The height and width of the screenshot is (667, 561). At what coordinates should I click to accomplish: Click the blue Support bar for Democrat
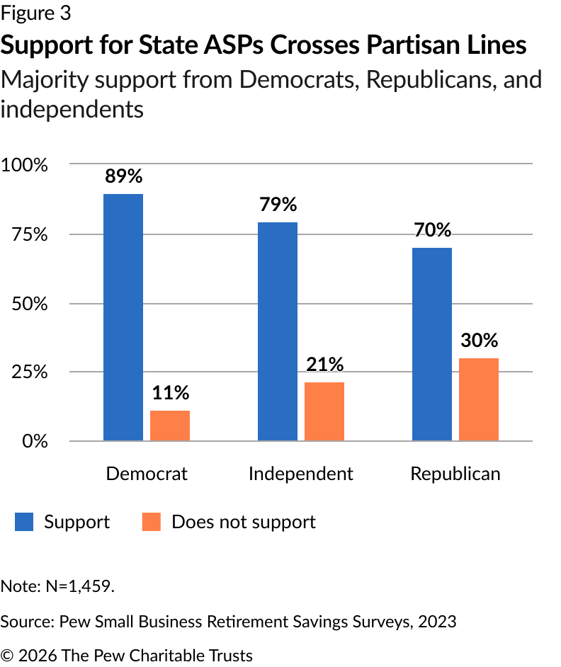tap(123, 317)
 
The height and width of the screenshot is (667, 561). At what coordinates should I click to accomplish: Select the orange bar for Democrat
tap(170, 426)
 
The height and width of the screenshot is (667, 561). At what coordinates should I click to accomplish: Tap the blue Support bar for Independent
tap(278, 331)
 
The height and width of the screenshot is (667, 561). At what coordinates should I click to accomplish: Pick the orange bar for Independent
tap(324, 411)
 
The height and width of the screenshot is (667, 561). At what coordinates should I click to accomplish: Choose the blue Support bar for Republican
tap(432, 344)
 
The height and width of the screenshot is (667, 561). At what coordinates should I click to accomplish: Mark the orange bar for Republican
tap(479, 399)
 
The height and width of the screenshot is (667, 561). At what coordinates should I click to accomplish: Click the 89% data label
tap(123, 177)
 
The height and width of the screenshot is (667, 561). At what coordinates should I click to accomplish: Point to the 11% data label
tap(170, 393)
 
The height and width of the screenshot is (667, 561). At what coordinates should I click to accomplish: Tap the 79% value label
tap(278, 205)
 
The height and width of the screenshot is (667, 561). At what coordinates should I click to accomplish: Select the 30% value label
tap(479, 341)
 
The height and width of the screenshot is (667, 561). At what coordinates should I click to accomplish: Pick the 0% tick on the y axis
tap(33, 441)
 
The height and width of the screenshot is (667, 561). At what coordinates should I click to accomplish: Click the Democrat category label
tap(147, 474)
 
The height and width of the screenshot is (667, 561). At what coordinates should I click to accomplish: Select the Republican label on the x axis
tap(455, 474)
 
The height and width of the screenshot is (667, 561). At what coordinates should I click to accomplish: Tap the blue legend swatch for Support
tap(25, 523)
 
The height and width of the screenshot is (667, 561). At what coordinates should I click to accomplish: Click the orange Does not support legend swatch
tap(152, 523)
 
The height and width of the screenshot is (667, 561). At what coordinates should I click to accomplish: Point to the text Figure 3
tap(35, 13)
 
